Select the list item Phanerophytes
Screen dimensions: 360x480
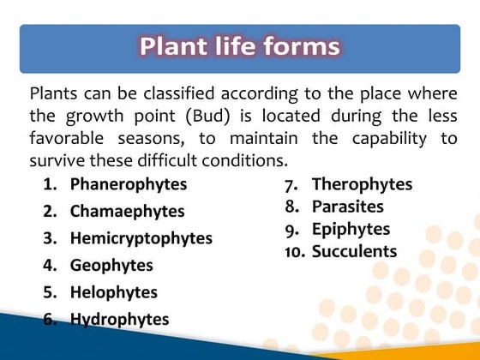tap(128, 183)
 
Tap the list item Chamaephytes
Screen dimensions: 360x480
tap(127, 211)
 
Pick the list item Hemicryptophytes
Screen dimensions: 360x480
tap(141, 238)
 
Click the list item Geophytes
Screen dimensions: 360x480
tap(111, 265)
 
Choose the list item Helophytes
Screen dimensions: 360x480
tap(114, 292)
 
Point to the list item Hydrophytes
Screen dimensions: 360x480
tap(119, 320)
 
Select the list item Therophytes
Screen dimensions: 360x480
tap(362, 184)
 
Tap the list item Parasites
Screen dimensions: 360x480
tap(348, 207)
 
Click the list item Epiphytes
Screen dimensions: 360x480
tap(351, 229)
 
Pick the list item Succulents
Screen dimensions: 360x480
tap(355, 251)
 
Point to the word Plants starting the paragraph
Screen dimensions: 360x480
tap(55, 93)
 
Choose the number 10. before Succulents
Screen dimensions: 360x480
tap(296, 252)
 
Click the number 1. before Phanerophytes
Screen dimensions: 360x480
tap(50, 184)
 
